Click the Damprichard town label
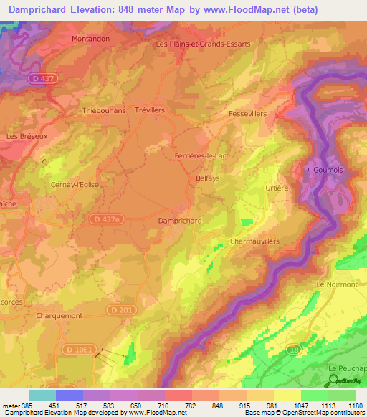(179, 221)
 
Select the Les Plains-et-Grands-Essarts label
(204, 44)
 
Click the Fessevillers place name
(247, 114)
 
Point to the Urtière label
(276, 188)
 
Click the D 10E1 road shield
(80, 349)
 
